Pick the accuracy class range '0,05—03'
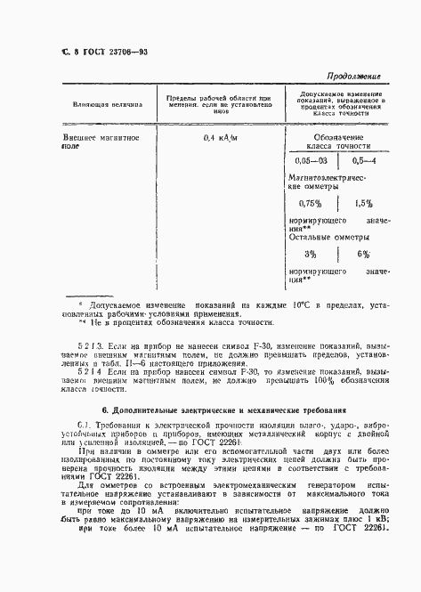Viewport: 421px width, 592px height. (312, 161)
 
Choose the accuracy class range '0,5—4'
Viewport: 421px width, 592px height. (364, 161)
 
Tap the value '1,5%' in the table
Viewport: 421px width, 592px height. (363, 203)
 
